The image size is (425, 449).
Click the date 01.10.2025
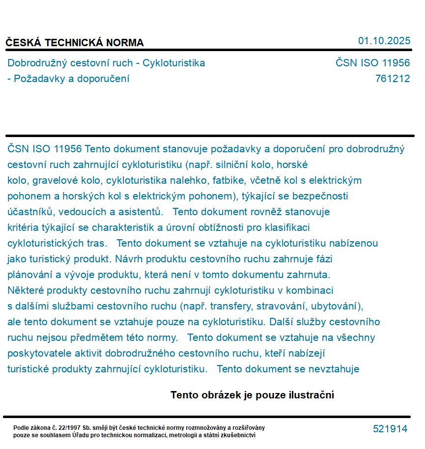(x=384, y=41)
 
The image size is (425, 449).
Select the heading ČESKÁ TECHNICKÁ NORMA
(x=75, y=43)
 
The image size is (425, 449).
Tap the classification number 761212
(x=392, y=79)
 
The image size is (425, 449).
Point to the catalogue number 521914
(x=390, y=429)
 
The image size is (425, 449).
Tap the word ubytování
(x=338, y=306)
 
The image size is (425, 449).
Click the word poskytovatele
(x=37, y=353)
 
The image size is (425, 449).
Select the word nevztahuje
(x=336, y=369)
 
